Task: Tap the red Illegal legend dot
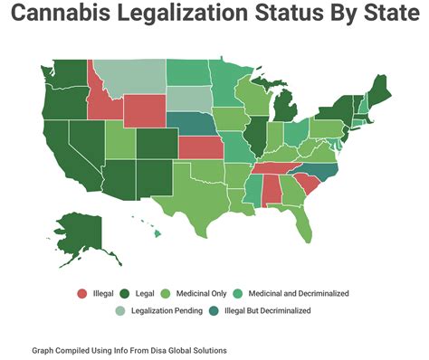click(x=82, y=293)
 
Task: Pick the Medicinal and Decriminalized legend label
click(x=299, y=293)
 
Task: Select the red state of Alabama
click(x=270, y=189)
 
